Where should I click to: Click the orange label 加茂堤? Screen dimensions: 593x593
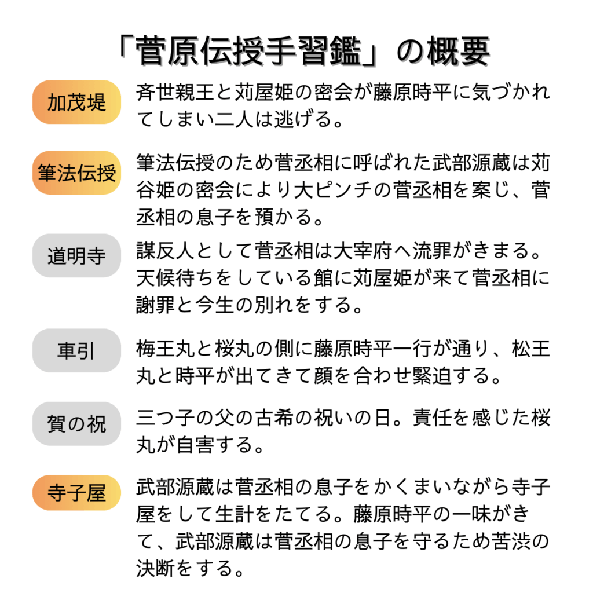(76, 102)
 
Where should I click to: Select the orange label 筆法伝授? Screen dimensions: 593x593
(76, 173)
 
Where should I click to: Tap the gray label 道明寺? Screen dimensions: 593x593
(76, 255)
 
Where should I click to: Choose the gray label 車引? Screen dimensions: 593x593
(76, 350)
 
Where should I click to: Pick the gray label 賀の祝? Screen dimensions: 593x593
(76, 423)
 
